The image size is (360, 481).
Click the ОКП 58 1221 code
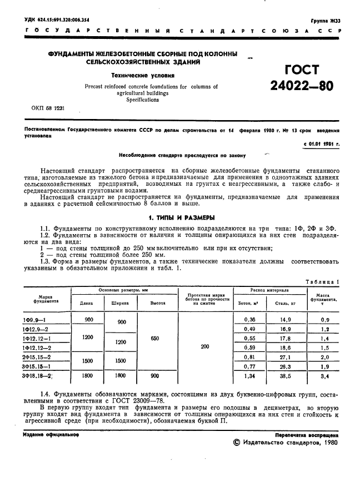pos(49,108)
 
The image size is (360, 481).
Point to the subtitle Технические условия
pos(143,75)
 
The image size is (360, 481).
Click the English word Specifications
pos(143,100)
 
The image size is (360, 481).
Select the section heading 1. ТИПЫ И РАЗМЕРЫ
pos(180,217)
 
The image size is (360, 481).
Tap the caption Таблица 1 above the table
pos(322,282)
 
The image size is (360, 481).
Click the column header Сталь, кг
pos(285,303)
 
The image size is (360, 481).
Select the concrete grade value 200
pos(205,346)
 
